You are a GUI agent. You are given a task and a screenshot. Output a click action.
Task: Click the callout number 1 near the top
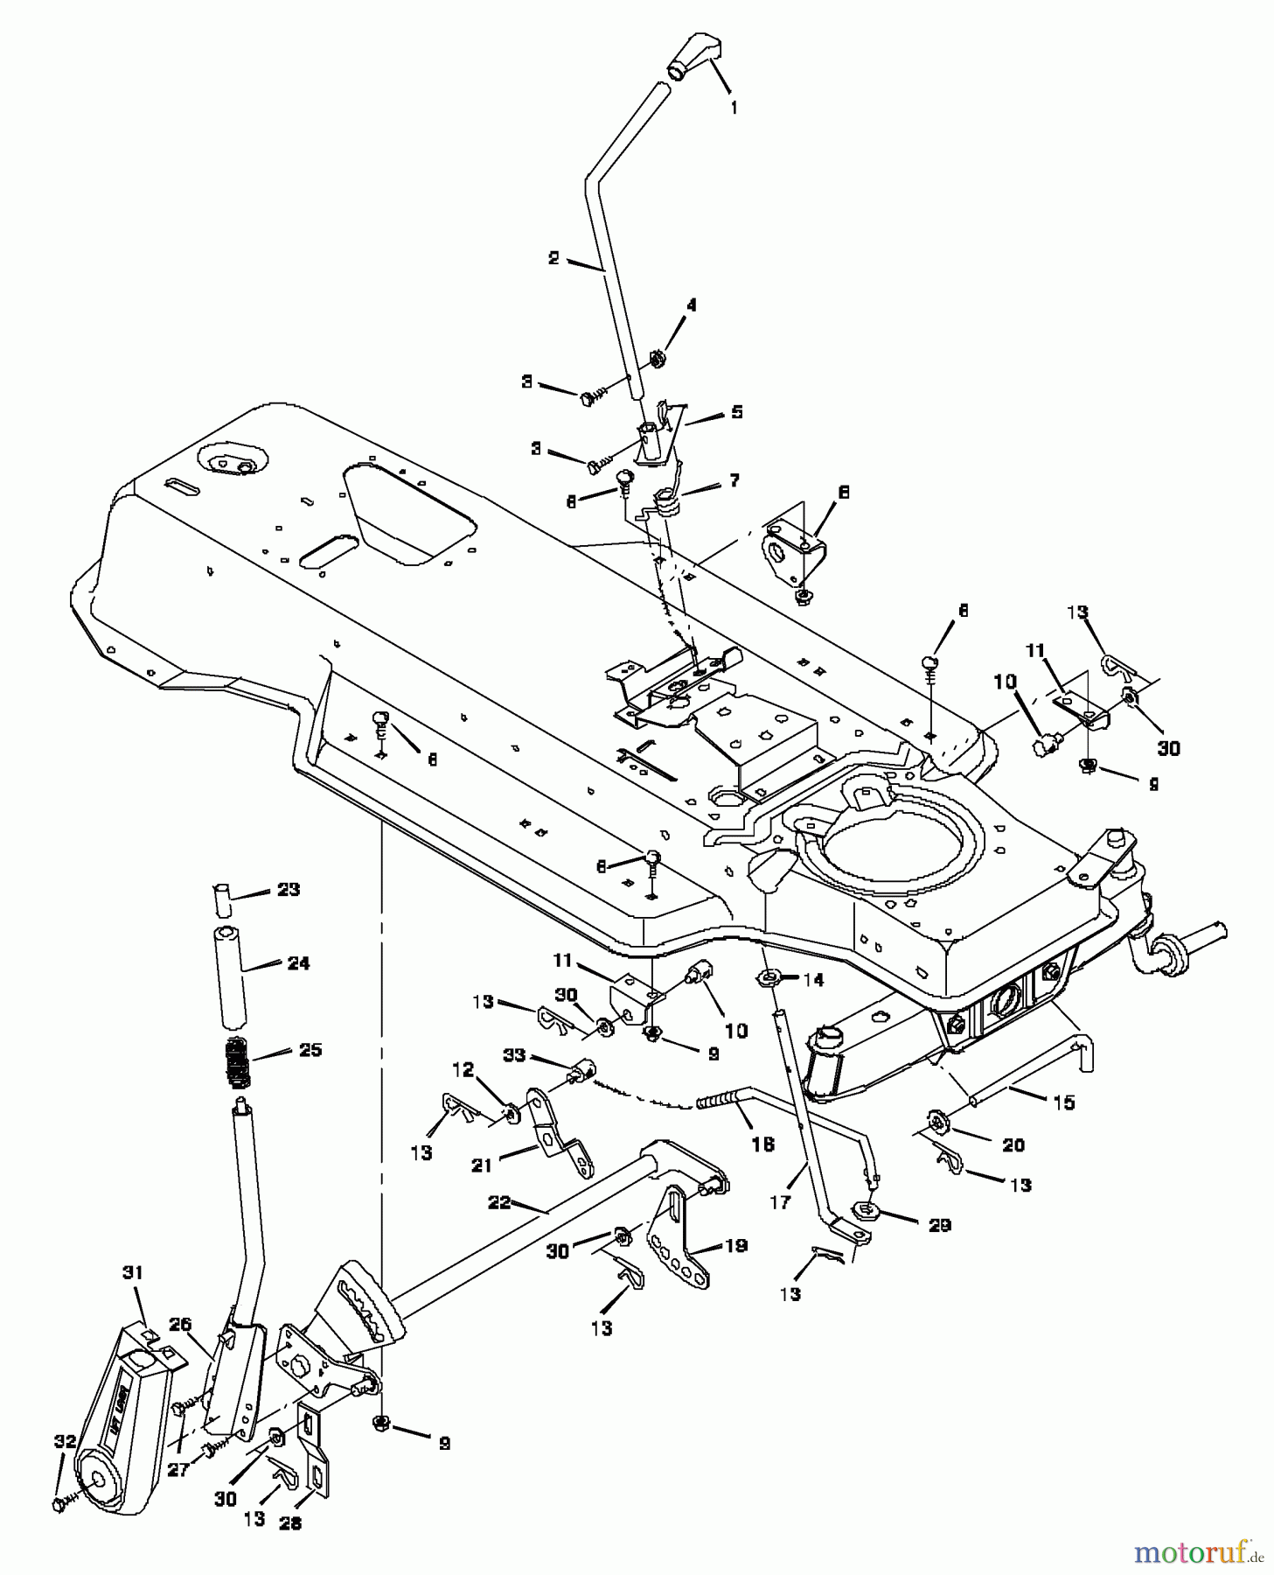(734, 108)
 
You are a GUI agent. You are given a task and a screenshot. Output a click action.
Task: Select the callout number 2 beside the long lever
(553, 258)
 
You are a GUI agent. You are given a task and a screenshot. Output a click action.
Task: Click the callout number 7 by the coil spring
(734, 479)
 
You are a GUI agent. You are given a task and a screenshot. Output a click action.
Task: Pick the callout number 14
(813, 981)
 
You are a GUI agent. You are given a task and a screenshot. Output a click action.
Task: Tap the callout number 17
(779, 1203)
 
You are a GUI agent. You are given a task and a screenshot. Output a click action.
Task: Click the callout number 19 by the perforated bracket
(736, 1246)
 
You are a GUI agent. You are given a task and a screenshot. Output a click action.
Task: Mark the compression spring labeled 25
(234, 1060)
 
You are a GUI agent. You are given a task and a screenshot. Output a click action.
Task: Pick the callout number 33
(514, 1055)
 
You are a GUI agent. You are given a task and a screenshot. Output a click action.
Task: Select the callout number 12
(463, 1069)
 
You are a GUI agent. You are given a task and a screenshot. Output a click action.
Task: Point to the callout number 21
(482, 1165)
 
